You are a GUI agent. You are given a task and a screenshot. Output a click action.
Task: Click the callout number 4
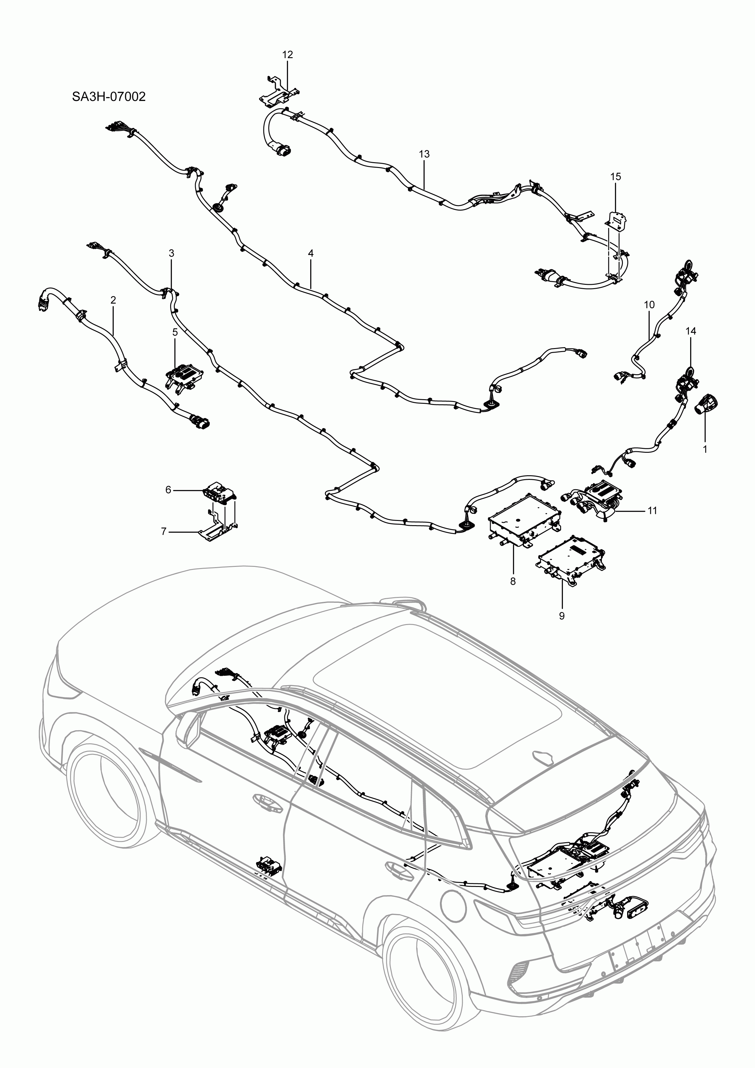tap(311, 253)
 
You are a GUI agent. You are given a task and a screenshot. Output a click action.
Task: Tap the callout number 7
tap(163, 531)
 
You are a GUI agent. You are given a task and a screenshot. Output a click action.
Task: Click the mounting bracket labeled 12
tap(278, 93)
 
